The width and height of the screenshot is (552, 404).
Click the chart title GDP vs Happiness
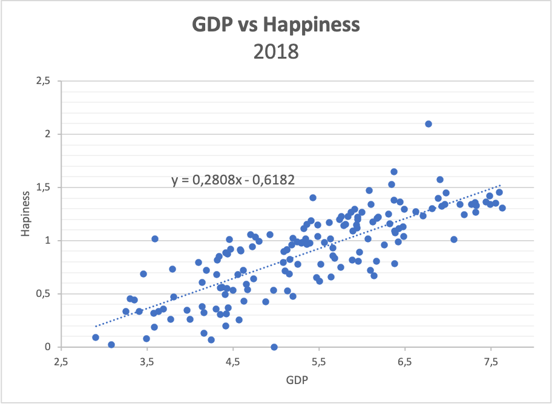point(276,25)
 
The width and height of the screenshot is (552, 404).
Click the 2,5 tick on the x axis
point(60,362)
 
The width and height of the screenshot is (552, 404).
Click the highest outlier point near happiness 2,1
point(429,124)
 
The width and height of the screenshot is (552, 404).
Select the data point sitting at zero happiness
point(274,347)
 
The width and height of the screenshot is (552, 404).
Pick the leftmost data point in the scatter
point(96,337)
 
